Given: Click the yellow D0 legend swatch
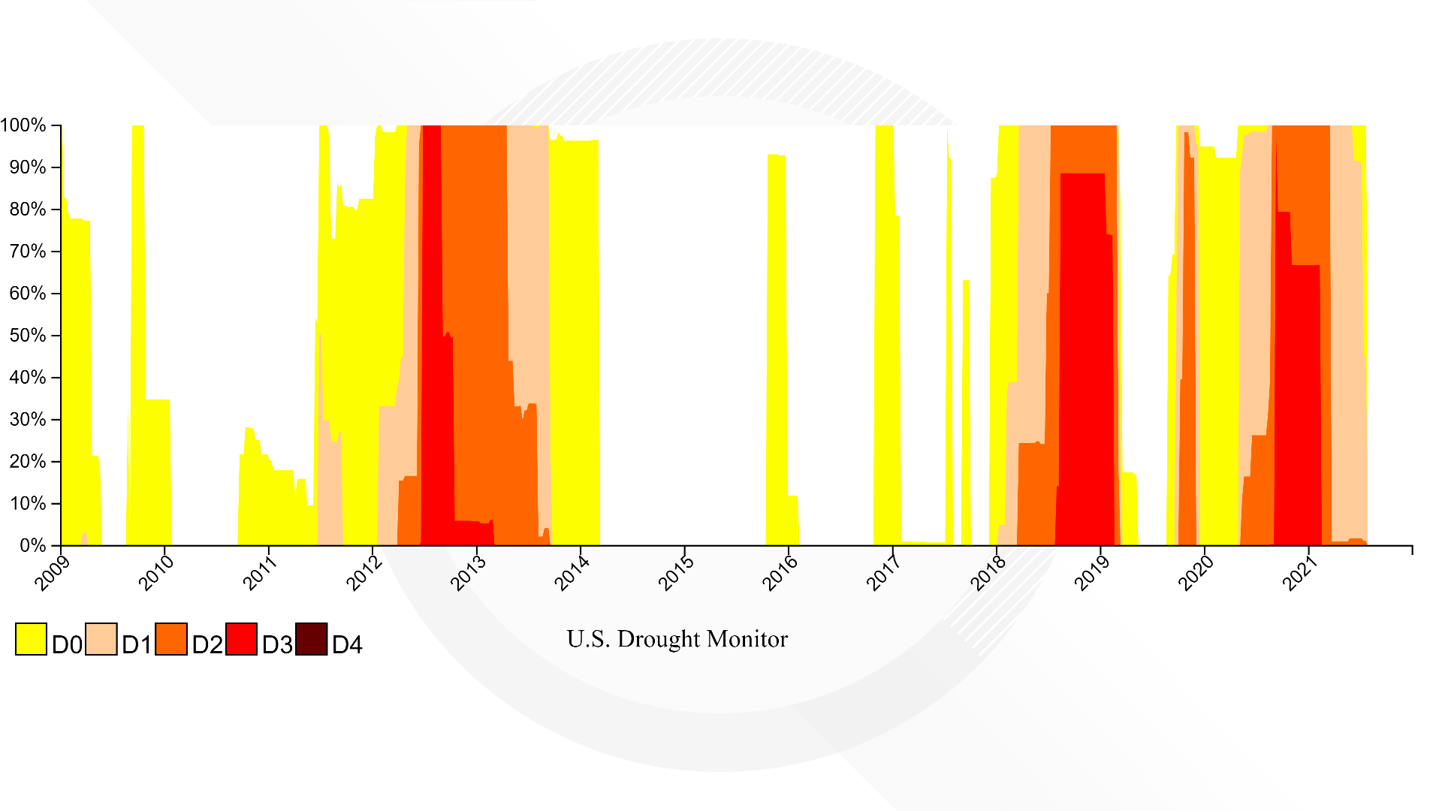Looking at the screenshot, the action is (x=31, y=639).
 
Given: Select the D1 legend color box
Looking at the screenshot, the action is (x=101, y=639).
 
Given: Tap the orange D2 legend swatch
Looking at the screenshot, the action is (x=171, y=639).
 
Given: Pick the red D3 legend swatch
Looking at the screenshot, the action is (x=241, y=639).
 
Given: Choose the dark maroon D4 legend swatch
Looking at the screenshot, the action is (x=312, y=639).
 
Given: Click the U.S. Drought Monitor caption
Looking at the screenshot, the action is (x=677, y=639).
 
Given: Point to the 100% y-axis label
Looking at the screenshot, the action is (x=23, y=125).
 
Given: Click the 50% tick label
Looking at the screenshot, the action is (x=28, y=336).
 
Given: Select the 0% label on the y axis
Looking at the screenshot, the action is (x=33, y=546).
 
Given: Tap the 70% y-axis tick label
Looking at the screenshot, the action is (x=28, y=252).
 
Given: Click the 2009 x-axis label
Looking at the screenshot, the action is (x=53, y=573).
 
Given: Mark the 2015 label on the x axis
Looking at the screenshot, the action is (x=676, y=573).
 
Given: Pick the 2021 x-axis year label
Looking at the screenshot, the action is (x=1300, y=573).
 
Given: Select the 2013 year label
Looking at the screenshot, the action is (x=468, y=573).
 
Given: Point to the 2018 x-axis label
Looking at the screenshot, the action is (x=988, y=573).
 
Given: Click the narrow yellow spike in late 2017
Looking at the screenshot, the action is (x=967, y=413).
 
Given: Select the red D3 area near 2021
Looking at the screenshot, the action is (x=1297, y=375).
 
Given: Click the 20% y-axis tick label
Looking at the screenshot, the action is (x=28, y=462).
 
